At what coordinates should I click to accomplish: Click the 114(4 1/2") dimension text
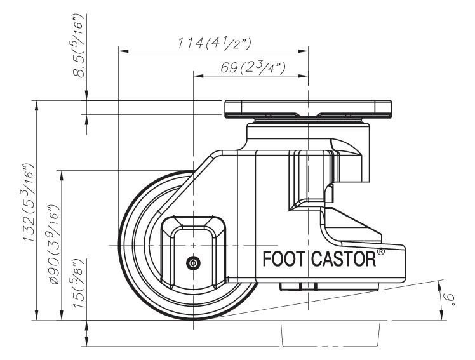tap(213, 43)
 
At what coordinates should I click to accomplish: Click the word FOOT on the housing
tap(284, 261)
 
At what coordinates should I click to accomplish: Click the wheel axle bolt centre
tap(192, 262)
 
